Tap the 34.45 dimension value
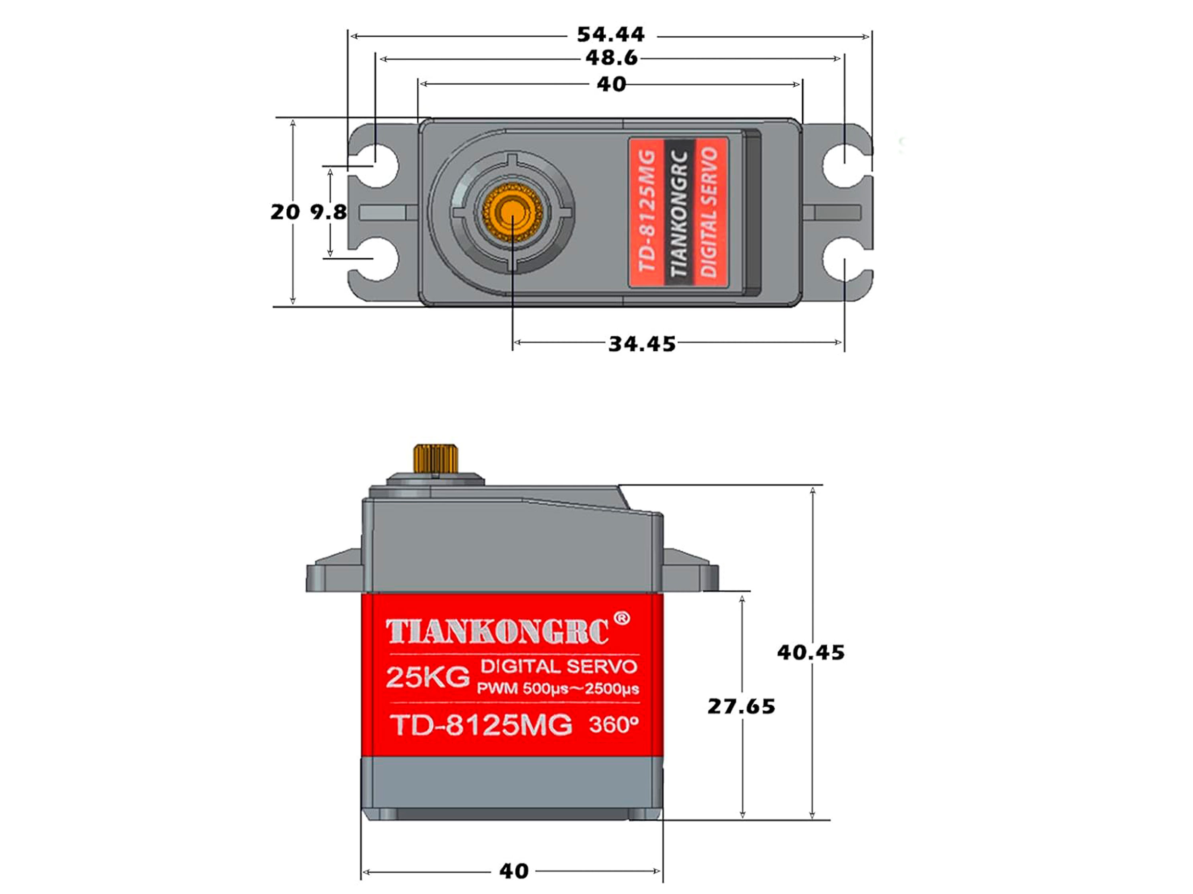tap(642, 344)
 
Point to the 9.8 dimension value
tap(328, 212)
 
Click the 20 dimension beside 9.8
tap(285, 212)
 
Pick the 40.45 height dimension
tap(810, 653)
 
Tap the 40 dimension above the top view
tap(611, 85)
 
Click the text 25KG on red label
tap(427, 678)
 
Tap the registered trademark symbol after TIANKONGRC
tap(622, 619)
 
